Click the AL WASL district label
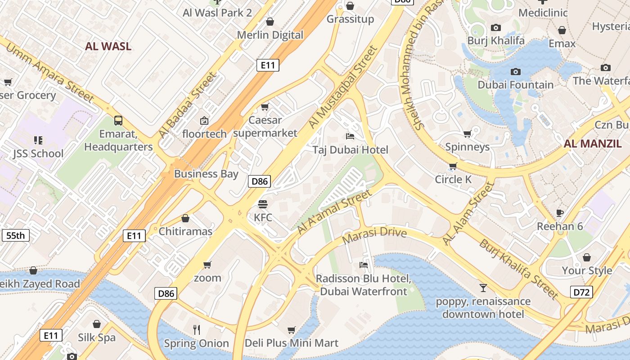pos(108,46)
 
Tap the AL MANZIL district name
pos(593,144)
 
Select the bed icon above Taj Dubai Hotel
pos(350,136)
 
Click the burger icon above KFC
pos(263,204)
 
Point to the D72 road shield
pos(581,292)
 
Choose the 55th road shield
pos(16,235)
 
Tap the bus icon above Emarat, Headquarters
pos(118,120)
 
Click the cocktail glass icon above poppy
pos(483,288)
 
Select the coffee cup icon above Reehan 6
pos(560,212)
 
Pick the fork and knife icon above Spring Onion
pos(197,329)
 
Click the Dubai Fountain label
pos(515,85)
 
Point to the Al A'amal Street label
pos(335,211)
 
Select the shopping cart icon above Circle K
pos(453,166)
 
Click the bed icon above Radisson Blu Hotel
pos(364,265)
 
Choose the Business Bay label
pos(206,174)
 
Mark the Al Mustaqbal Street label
pos(342,86)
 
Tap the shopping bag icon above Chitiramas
pos(185,218)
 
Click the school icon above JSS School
pos(38,140)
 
